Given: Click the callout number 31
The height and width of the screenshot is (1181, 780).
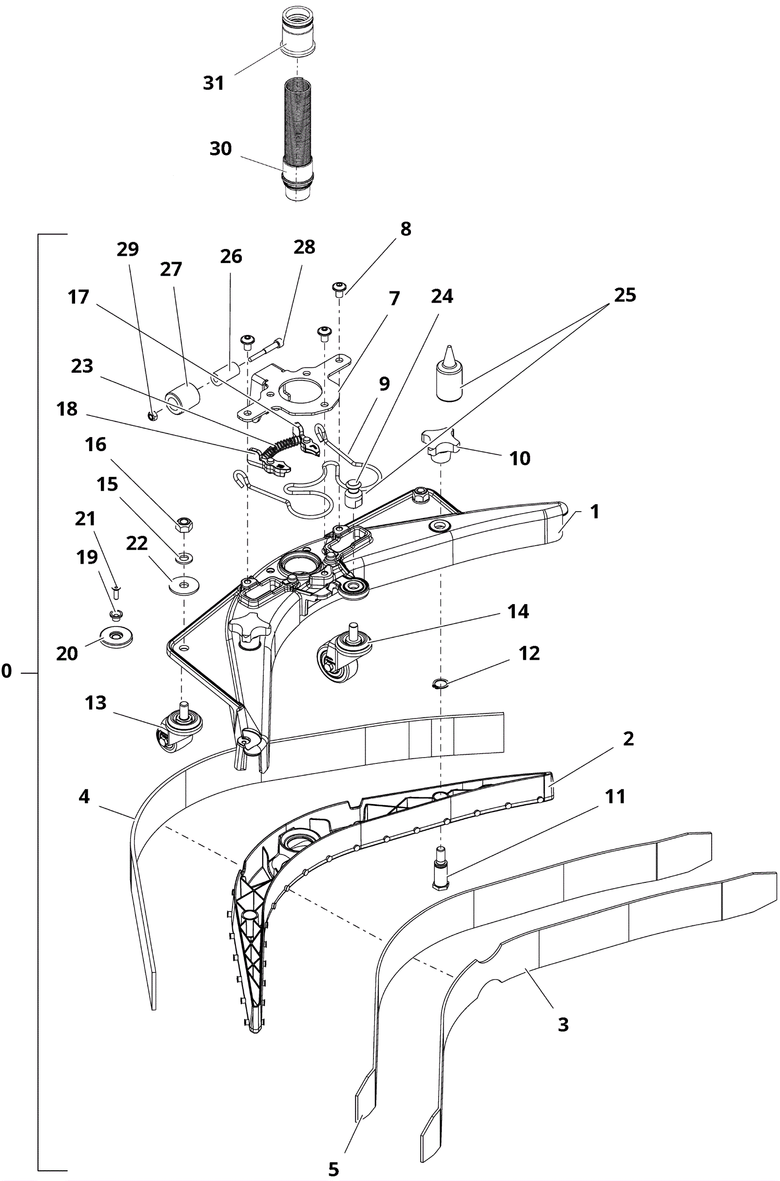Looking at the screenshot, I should [x=214, y=82].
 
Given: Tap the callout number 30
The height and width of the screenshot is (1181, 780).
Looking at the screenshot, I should [x=220, y=148].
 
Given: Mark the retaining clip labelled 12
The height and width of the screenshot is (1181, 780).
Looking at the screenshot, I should [x=440, y=685].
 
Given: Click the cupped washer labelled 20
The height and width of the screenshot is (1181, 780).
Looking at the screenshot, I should [x=117, y=637].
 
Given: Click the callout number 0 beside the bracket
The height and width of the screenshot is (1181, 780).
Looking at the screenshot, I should [x=6, y=671].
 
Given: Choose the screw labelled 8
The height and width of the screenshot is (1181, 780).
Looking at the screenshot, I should [x=339, y=288].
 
